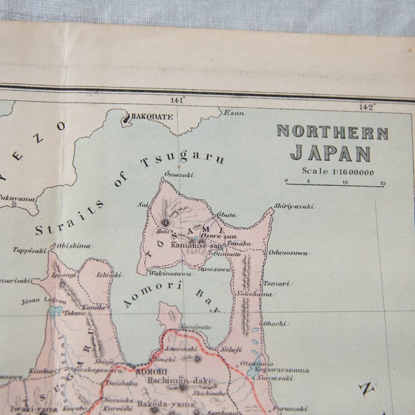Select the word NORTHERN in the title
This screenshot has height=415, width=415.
point(332,132)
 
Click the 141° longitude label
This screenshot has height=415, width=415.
point(177,100)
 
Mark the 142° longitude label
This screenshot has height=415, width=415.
point(366,107)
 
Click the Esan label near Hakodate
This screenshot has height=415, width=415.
point(234,113)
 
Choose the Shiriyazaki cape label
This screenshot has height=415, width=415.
point(293,206)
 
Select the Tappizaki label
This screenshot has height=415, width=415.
point(29,250)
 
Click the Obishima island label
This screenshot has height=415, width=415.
point(74,246)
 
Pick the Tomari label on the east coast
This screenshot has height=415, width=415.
point(277,284)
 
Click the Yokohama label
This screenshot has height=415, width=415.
point(255,294)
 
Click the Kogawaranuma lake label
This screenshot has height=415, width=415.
point(284,370)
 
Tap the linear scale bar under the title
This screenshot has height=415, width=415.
point(335,185)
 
